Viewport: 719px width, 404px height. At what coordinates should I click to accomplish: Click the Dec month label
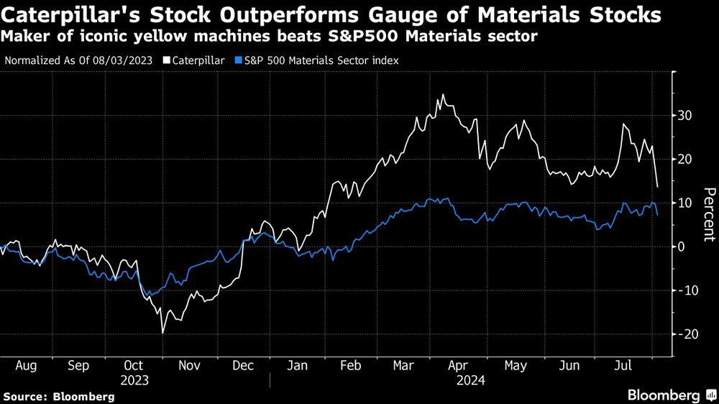pyautogui.click(x=242, y=366)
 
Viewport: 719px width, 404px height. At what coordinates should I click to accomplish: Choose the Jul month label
pyautogui.click(x=624, y=366)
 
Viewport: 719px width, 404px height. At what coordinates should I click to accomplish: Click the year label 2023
pyautogui.click(x=134, y=380)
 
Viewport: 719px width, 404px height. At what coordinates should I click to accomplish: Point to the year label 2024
pyautogui.click(x=470, y=380)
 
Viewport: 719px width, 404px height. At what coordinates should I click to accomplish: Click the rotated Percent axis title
pyautogui.click(x=709, y=213)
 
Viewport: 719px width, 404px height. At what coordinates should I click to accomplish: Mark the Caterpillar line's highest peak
pyautogui.click(x=443, y=94)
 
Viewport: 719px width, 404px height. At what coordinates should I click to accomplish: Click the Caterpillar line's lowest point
pyautogui.click(x=162, y=333)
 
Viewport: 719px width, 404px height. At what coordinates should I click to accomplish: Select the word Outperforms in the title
pyautogui.click(x=243, y=15)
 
